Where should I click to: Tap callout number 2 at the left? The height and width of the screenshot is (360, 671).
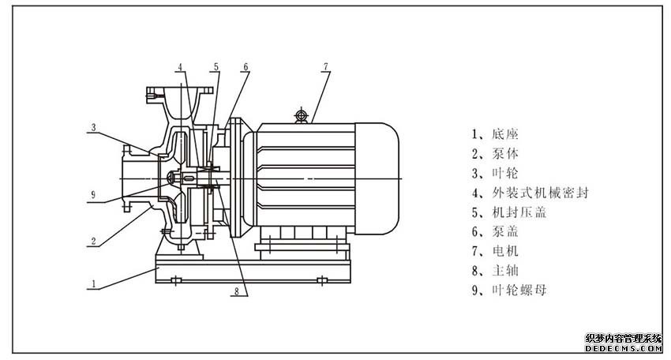pyautogui.click(x=93, y=240)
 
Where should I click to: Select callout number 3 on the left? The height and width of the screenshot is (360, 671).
pyautogui.click(x=93, y=126)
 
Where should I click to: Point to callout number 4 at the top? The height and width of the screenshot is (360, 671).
pyautogui.click(x=181, y=67)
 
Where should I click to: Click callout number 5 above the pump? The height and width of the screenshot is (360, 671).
pyautogui.click(x=216, y=67)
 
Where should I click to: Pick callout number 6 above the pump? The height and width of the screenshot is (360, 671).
pyautogui.click(x=246, y=67)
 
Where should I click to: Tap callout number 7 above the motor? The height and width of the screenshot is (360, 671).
pyautogui.click(x=324, y=67)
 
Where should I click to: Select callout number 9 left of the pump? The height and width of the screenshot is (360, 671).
pyautogui.click(x=93, y=194)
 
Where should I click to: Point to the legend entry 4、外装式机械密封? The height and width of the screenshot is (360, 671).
pyautogui.click(x=530, y=193)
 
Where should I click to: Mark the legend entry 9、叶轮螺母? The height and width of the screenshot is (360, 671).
pyautogui.click(x=508, y=291)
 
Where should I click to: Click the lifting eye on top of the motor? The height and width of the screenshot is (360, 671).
pyautogui.click(x=300, y=116)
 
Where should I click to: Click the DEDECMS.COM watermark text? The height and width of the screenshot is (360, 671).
pyautogui.click(x=623, y=347)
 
